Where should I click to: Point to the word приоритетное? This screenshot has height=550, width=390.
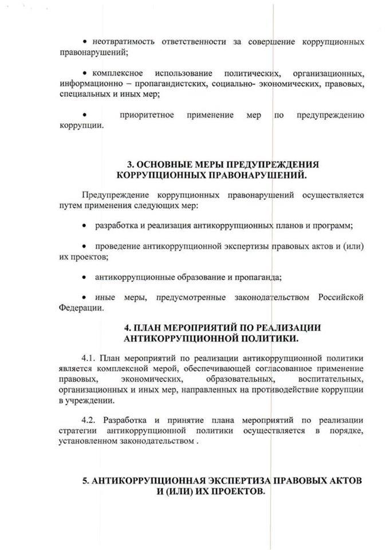[x=147, y=115]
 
